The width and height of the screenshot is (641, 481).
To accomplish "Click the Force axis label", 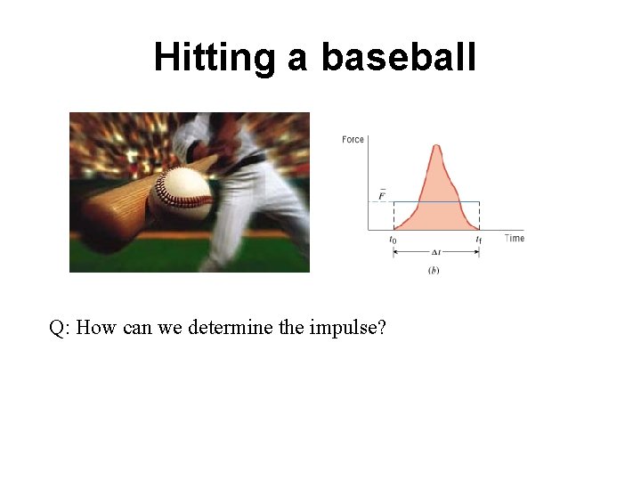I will click(353, 140).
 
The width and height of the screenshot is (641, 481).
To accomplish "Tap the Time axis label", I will click(515, 238).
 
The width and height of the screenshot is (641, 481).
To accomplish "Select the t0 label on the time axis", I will click(393, 239).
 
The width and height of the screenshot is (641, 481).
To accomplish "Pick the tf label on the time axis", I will click(479, 239).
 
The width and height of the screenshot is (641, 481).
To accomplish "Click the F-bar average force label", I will click(382, 194).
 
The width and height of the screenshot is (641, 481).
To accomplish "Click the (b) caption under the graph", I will click(434, 270).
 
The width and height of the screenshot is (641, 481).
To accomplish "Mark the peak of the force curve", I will click(436, 145).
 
